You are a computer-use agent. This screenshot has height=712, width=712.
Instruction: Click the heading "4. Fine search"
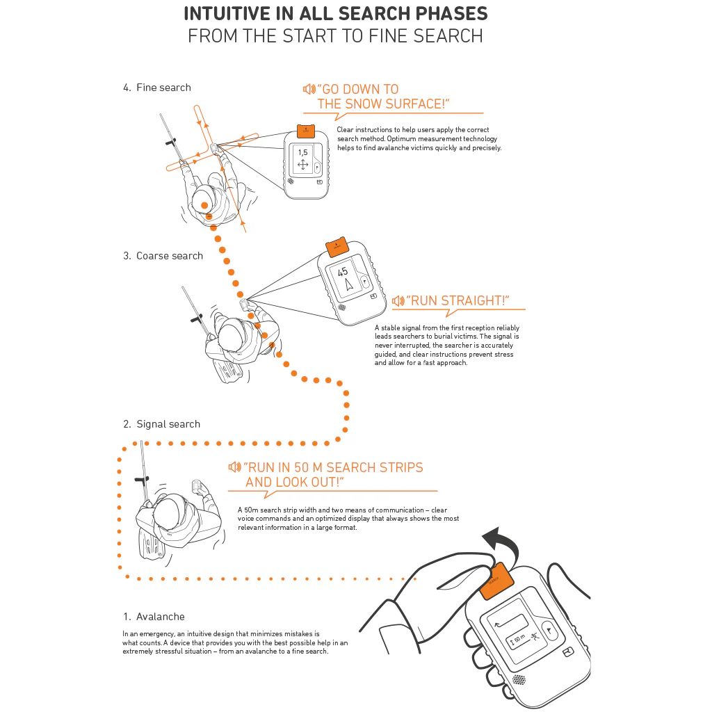pos(156,88)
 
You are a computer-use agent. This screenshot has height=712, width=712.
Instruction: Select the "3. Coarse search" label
pos(163,256)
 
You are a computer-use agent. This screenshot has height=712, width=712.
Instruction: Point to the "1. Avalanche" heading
pos(154,617)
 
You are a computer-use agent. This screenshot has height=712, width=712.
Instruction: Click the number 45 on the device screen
pos(343,273)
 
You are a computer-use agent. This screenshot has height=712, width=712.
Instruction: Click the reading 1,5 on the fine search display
pos(302,152)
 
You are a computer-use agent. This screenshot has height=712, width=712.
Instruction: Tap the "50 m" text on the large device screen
pos(519,638)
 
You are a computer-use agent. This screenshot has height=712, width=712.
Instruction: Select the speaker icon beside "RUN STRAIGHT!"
pos(398,301)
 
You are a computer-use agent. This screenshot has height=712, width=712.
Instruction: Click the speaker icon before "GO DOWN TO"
pos(309,89)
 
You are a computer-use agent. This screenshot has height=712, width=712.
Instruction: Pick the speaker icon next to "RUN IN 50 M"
pos(234,467)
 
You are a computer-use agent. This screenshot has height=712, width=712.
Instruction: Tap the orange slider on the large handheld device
pos(496,584)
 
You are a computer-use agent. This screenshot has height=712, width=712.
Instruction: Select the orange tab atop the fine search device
pos(304,130)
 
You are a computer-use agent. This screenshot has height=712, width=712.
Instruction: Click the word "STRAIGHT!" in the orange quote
pos(476,301)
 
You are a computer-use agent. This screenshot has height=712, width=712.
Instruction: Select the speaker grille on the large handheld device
pos(519,680)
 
